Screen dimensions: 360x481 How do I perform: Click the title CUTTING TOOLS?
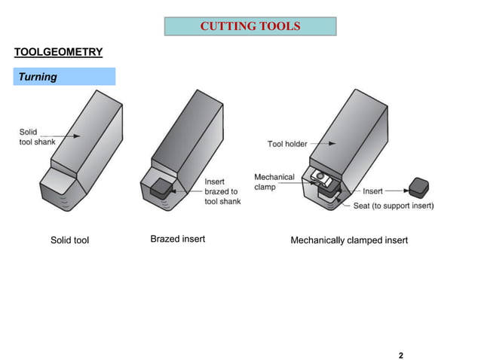(250, 27)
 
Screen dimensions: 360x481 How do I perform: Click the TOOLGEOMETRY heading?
(58, 52)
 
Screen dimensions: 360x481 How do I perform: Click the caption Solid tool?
(69, 240)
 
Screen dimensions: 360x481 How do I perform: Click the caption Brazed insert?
(178, 239)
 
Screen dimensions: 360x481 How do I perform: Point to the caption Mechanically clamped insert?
(349, 240)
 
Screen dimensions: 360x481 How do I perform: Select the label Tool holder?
(287, 144)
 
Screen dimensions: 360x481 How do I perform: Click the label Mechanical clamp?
(274, 182)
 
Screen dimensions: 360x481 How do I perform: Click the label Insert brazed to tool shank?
(222, 192)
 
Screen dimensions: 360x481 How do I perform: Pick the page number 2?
(401, 355)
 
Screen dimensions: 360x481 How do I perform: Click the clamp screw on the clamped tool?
(320, 176)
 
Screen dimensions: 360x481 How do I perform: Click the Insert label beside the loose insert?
(372, 191)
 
